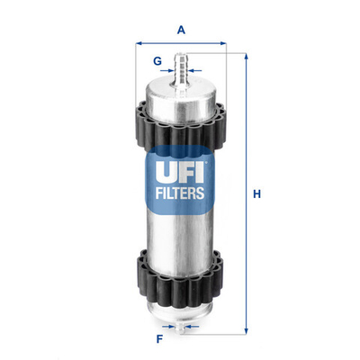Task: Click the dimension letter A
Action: click(x=181, y=30)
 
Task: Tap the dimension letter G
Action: click(x=157, y=61)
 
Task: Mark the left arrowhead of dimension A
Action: click(x=139, y=42)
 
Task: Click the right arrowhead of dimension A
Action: click(x=224, y=42)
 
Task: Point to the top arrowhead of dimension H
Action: click(x=246, y=56)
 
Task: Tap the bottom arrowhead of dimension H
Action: click(x=246, y=329)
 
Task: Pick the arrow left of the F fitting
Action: click(x=172, y=327)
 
